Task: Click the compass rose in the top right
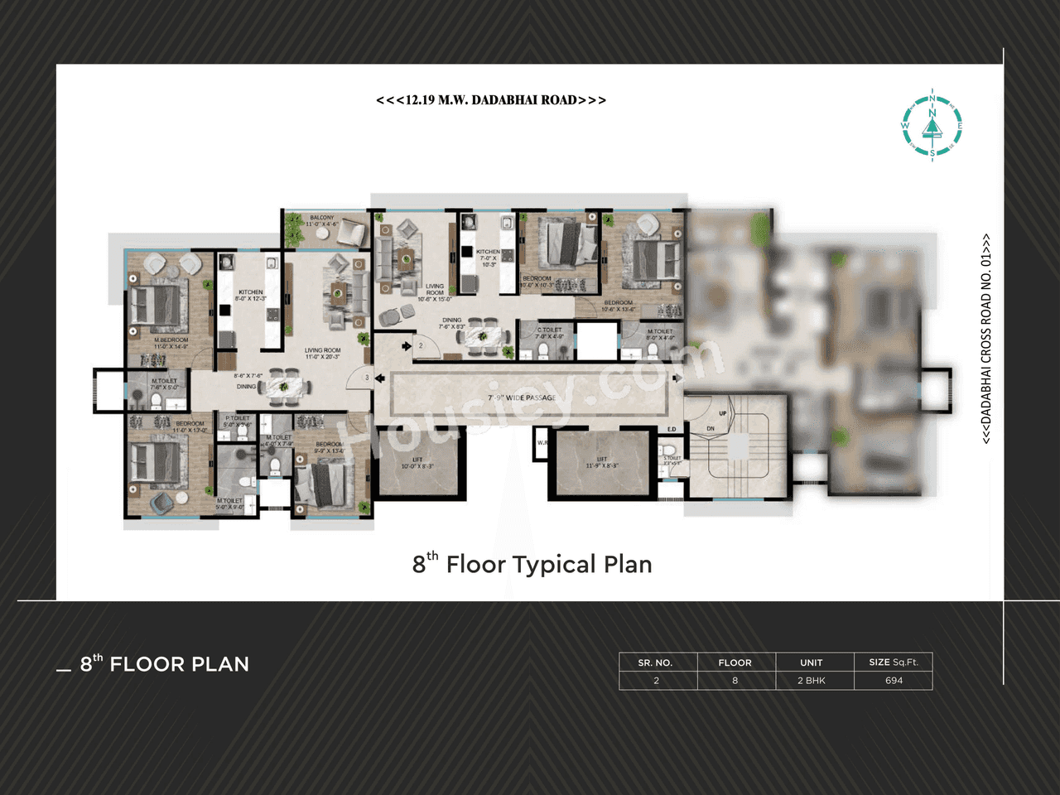[932, 125]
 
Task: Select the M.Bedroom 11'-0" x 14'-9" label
[171, 343]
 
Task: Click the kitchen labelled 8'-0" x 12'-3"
[250, 295]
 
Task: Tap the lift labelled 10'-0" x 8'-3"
[417, 463]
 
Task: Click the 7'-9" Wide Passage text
[522, 397]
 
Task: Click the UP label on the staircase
[723, 413]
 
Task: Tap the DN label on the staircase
[711, 428]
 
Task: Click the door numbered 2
[421, 345]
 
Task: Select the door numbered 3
[367, 378]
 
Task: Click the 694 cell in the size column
[894, 681]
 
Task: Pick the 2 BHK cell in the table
[812, 681]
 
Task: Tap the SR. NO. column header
[655, 662]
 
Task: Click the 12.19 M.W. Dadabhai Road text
[491, 100]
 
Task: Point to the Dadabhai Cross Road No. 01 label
[986, 339]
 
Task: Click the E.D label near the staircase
[672, 429]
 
